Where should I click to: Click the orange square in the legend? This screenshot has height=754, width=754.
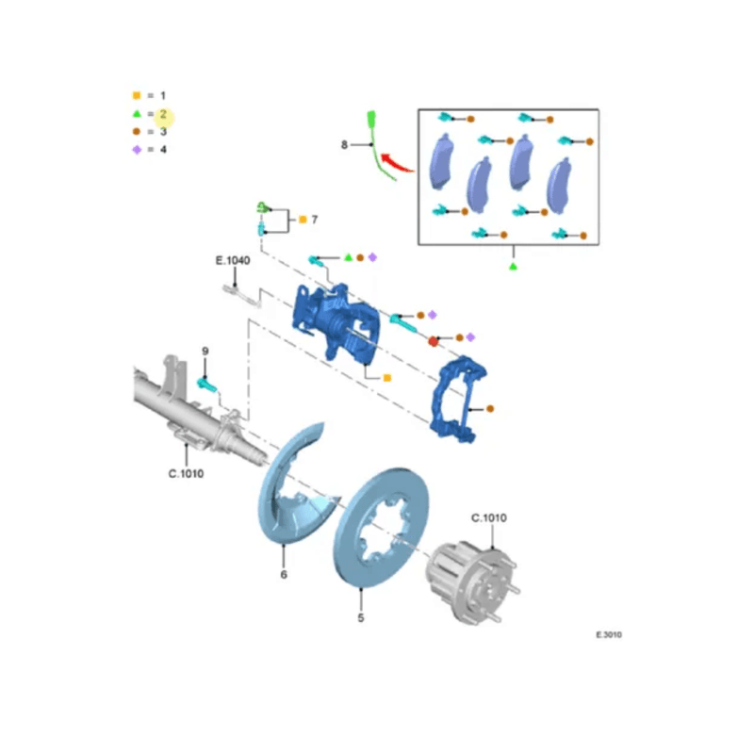[137, 95]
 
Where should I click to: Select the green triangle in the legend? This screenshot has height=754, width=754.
[137, 114]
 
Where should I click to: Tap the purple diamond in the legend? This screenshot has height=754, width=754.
[137, 150]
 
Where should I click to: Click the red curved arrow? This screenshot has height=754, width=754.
[396, 162]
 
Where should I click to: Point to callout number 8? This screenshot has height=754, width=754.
[344, 145]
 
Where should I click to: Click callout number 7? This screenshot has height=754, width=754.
[315, 220]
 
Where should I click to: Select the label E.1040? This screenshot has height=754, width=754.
[233, 261]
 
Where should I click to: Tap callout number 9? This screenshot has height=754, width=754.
[205, 351]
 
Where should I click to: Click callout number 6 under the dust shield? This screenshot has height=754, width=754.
[284, 574]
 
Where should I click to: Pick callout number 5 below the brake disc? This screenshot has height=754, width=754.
[361, 617]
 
